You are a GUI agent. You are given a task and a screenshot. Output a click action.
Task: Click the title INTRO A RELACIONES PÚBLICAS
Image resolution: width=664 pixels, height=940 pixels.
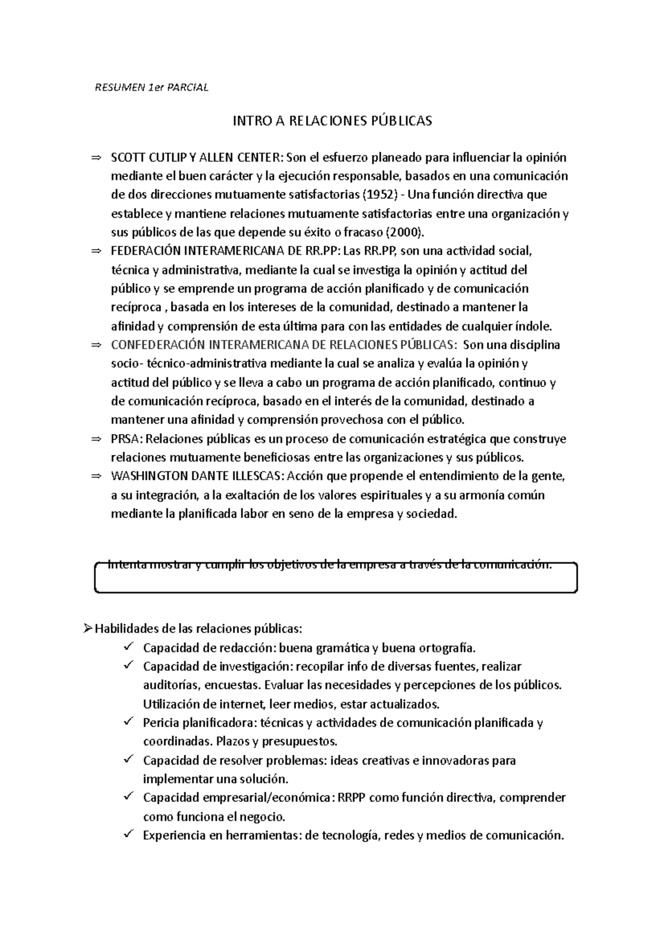[x=332, y=121]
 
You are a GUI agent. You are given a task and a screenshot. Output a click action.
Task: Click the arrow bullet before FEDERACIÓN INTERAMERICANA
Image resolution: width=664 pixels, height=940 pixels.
[x=96, y=251]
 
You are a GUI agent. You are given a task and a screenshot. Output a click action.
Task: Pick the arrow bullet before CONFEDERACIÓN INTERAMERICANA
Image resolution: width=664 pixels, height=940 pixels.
[x=96, y=345]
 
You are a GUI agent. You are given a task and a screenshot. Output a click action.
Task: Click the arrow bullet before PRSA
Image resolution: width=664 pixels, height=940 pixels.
[x=96, y=439]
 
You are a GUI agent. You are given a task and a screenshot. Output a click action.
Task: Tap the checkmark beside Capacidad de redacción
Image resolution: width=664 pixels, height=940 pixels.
[x=128, y=647]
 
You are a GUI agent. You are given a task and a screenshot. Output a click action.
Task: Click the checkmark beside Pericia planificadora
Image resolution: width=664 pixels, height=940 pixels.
[x=128, y=722]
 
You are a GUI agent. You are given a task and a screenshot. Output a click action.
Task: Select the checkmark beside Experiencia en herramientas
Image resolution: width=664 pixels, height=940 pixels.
[x=128, y=834]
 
